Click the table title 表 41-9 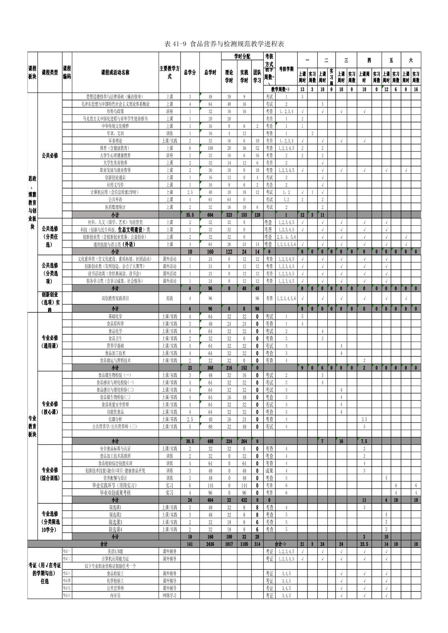(x=224, y=44)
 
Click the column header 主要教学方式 (x=169, y=72)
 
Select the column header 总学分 (x=190, y=72)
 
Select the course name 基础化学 (x=115, y=316)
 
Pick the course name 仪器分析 (x=115, y=419)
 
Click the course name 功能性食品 (x=115, y=412)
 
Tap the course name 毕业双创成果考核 (x=115, y=493)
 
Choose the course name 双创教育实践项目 (x=115, y=298)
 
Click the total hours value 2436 (x=210, y=544)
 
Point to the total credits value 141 (x=190, y=544)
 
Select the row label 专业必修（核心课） (x=50, y=408)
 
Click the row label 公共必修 (x=50, y=155)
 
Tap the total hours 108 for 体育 (x=210, y=148)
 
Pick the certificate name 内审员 (x=115, y=595)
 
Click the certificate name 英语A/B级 (x=115, y=551)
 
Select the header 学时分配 (x=242, y=56)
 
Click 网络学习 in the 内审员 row (x=169, y=595)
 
